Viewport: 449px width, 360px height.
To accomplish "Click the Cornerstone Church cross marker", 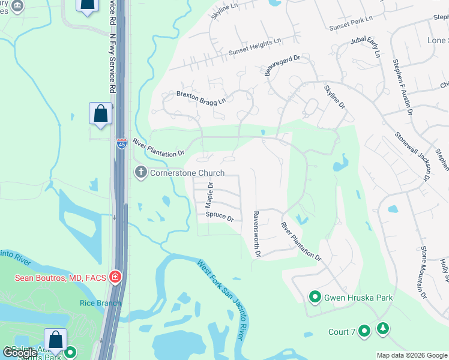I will tap(140, 173).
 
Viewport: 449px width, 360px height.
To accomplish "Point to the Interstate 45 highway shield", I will tap(121, 145).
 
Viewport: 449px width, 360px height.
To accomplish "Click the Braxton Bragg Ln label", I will tap(201, 97).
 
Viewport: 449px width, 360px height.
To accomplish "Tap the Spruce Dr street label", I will tap(219, 216).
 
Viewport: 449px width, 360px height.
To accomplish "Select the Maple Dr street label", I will tap(210, 193).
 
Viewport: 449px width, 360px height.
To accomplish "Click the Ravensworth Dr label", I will tap(256, 234).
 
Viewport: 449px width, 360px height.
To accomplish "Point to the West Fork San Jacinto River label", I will tap(220, 299).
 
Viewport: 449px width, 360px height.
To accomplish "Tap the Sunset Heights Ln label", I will tap(255, 47).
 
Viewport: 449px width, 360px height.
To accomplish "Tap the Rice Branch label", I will tap(100, 303).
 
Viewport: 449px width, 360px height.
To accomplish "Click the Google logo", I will tap(20, 352).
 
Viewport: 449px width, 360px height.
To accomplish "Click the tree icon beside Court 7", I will tap(382, 329).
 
